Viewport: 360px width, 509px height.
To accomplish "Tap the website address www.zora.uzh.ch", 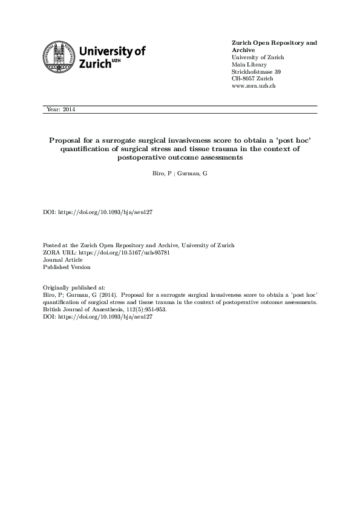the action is coord(255,86).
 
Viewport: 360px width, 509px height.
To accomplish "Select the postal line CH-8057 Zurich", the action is coord(253,79).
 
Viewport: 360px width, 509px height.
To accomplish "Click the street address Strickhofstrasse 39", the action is coord(257,72).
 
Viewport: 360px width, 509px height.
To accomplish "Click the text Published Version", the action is coord(67,267).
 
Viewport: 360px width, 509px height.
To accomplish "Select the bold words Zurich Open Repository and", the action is coord(274,44).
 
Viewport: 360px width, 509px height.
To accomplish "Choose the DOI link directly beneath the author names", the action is coord(97,213).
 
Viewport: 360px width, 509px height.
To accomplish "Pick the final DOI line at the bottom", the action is coord(97,317).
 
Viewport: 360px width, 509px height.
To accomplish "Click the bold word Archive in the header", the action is coord(244,51).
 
